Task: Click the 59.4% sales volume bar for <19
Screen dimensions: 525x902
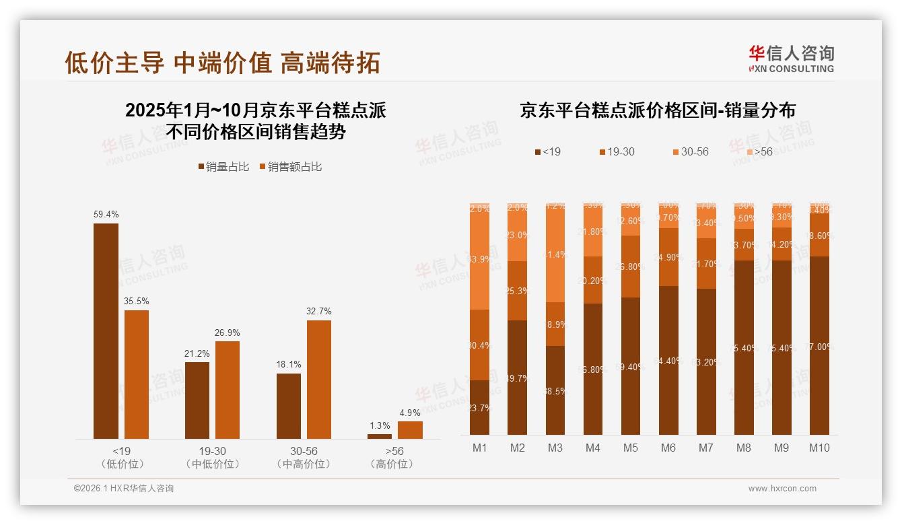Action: click(106, 331)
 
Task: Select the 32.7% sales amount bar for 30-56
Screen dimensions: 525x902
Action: click(319, 380)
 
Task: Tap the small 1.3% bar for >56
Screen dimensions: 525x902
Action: click(380, 436)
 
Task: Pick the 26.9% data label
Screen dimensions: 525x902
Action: click(228, 333)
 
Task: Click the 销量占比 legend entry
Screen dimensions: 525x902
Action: click(223, 166)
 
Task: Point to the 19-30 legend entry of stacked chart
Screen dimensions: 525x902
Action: click(617, 152)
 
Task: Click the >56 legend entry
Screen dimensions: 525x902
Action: click(759, 152)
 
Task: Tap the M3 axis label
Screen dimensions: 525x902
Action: click(555, 448)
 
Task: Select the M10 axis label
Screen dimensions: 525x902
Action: click(819, 448)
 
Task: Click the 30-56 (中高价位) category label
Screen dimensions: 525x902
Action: click(303, 457)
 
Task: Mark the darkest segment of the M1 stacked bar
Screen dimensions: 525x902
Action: click(480, 407)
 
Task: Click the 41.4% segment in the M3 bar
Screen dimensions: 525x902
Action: click(555, 254)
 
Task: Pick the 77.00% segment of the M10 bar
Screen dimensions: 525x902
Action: click(819, 345)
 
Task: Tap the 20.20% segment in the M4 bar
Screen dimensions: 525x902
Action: click(593, 280)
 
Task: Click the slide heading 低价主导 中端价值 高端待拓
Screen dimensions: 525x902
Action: click(223, 63)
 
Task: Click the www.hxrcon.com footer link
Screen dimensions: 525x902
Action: click(782, 489)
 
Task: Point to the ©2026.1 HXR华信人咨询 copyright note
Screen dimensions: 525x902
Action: click(124, 489)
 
